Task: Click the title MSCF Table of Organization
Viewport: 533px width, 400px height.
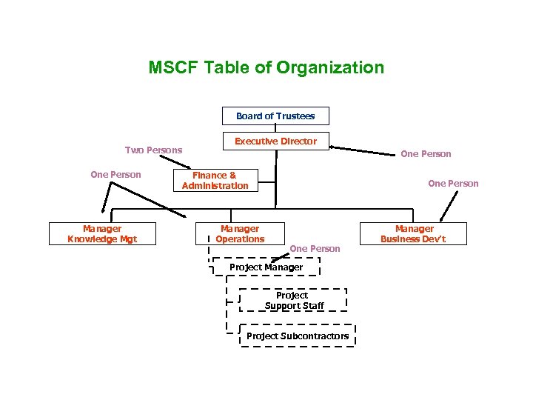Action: click(266, 68)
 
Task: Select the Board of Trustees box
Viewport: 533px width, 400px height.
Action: click(275, 116)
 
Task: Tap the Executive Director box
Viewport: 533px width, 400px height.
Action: click(275, 141)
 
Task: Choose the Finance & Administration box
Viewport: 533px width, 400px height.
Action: click(215, 180)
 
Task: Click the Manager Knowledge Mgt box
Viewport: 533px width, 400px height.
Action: click(102, 234)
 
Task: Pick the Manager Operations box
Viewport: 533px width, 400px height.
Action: click(240, 234)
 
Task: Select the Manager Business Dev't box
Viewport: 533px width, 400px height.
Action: click(414, 234)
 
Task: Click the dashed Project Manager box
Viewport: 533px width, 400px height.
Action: click(266, 267)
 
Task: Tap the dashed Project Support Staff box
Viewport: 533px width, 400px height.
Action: click(293, 300)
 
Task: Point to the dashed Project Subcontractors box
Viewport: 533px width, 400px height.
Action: click(298, 336)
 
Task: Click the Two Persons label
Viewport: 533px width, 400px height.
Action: click(153, 150)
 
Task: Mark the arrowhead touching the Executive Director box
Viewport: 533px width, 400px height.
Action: click(332, 147)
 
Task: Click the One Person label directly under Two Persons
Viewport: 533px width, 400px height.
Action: click(115, 175)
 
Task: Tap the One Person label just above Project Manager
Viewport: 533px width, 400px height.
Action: click(315, 248)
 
